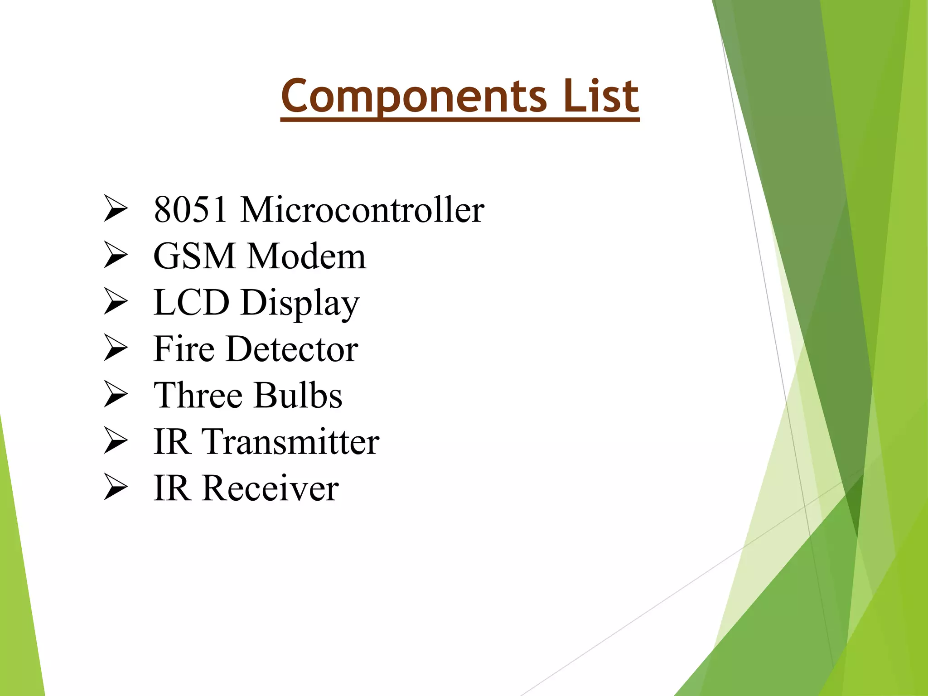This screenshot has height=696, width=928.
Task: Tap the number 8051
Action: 190,210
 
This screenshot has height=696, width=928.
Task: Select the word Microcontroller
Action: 362,210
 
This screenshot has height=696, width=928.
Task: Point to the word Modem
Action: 307,256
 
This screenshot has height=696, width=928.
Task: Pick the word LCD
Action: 191,303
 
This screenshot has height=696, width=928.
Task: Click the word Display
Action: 300,304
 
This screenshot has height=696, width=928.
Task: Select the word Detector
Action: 292,349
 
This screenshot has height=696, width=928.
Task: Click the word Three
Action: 198,396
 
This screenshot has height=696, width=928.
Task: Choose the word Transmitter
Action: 290,442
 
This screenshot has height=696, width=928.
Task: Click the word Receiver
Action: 271,488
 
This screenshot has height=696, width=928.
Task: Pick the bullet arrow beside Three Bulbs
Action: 116,394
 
